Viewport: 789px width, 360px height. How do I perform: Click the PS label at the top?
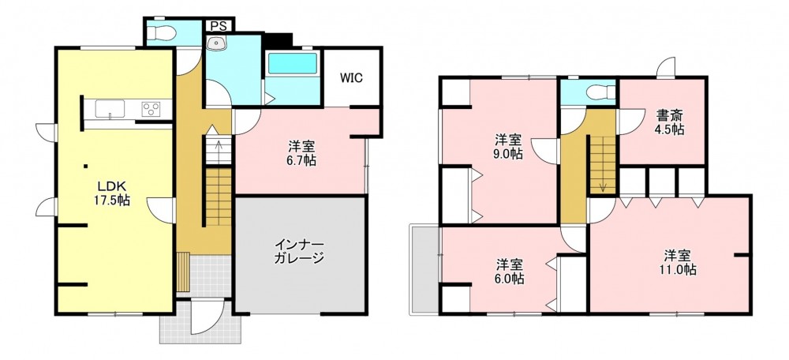pos(219,26)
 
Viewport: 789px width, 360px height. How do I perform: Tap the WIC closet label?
pos(351,78)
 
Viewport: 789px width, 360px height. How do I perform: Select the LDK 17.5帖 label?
pos(112,193)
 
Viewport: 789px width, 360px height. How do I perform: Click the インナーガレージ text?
pos(299,253)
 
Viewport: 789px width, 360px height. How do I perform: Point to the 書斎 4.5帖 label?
pos(669,122)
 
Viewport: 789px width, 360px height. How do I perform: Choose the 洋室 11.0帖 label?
pos(678,262)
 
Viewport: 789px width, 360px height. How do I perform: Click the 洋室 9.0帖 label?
pos(507,147)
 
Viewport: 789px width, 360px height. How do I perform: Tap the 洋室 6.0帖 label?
pos(509,272)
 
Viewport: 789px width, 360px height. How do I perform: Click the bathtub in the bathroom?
pos(293,63)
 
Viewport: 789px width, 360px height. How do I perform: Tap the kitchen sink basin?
pos(110,109)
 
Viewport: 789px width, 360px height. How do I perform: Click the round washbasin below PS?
pos(217,43)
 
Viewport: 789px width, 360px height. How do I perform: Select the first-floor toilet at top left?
pos(162,33)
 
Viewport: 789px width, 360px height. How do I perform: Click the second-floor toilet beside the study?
pos(601,92)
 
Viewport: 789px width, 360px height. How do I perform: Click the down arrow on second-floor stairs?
pos(602,186)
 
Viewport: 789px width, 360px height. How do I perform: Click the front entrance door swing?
pos(208,317)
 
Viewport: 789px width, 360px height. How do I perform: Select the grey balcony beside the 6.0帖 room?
pos(425,270)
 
